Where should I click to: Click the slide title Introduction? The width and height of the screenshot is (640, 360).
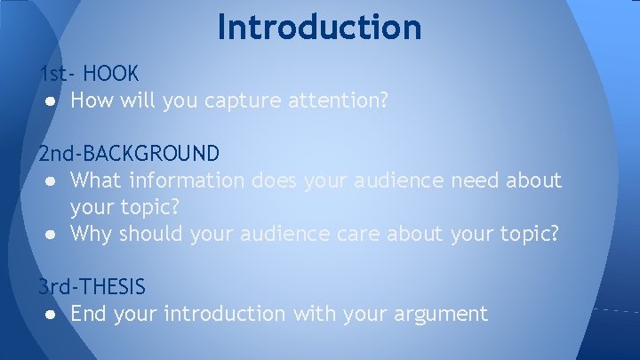(319, 27)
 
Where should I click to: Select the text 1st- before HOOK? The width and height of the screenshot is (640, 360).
(58, 73)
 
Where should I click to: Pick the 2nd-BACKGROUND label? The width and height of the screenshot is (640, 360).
(129, 154)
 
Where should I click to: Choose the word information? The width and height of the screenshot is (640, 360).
(188, 180)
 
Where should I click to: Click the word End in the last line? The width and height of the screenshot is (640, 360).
(90, 314)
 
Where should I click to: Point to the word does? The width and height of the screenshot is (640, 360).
(276, 180)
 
